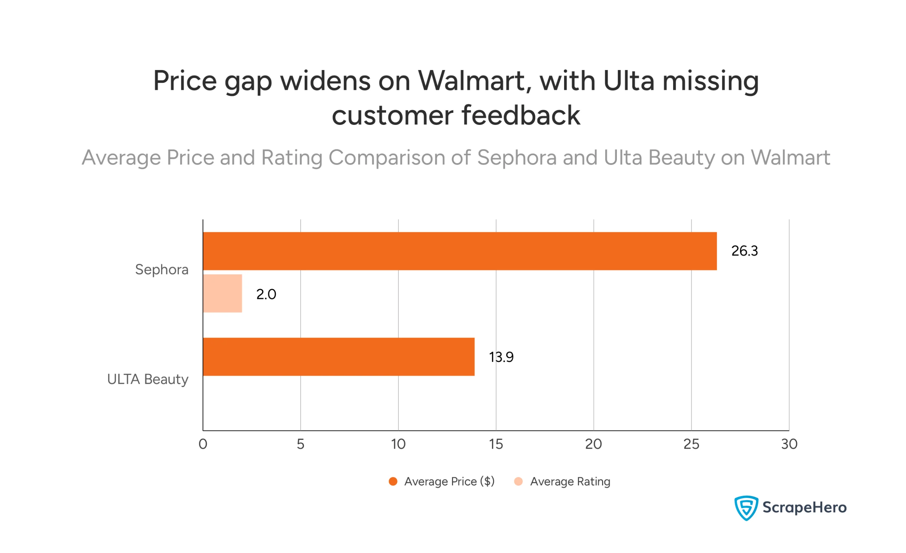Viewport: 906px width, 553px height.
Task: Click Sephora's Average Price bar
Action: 460,251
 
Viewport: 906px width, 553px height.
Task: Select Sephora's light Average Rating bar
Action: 223,293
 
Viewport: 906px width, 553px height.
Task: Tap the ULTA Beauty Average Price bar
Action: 338,357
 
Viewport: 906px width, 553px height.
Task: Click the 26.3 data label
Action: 744,251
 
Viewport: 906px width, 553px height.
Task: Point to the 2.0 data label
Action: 266,294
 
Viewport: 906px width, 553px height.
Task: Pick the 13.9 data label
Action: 501,357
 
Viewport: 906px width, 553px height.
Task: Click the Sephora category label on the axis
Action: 161,270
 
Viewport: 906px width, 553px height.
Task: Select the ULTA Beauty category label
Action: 148,379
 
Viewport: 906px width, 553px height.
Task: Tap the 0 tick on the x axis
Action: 202,444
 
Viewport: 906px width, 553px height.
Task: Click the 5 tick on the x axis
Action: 300,444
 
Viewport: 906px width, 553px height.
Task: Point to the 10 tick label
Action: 398,444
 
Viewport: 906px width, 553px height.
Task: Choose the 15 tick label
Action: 496,444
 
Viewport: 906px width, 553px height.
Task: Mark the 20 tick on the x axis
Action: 593,444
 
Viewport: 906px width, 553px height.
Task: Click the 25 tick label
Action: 691,444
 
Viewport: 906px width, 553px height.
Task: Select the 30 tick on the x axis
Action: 789,444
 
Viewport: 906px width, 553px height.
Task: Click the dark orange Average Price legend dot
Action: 393,481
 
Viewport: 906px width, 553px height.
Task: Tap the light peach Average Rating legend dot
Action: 518,481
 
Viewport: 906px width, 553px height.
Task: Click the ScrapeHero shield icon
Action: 746,508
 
